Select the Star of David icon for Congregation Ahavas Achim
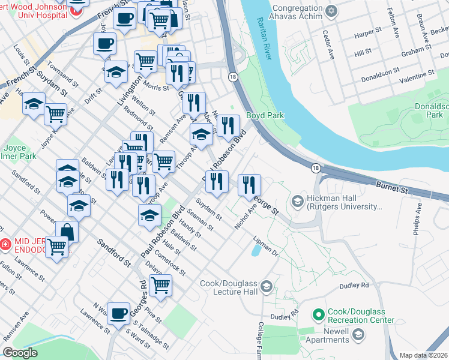330,11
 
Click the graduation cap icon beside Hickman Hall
297,202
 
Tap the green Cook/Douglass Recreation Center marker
318,314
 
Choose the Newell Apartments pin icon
360,340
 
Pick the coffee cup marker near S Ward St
119,313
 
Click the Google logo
20,353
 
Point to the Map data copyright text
423,355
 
